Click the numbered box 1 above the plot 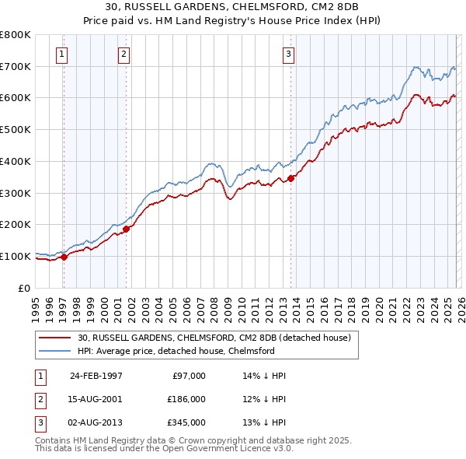click(x=61, y=54)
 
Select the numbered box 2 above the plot click(x=123, y=54)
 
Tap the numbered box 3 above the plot click(x=288, y=54)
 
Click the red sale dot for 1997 click(x=64, y=258)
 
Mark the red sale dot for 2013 click(x=291, y=178)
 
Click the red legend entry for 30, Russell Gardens click(x=214, y=338)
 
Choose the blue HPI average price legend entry click(x=176, y=351)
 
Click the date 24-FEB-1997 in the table click(x=96, y=376)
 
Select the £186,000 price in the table click(x=186, y=399)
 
